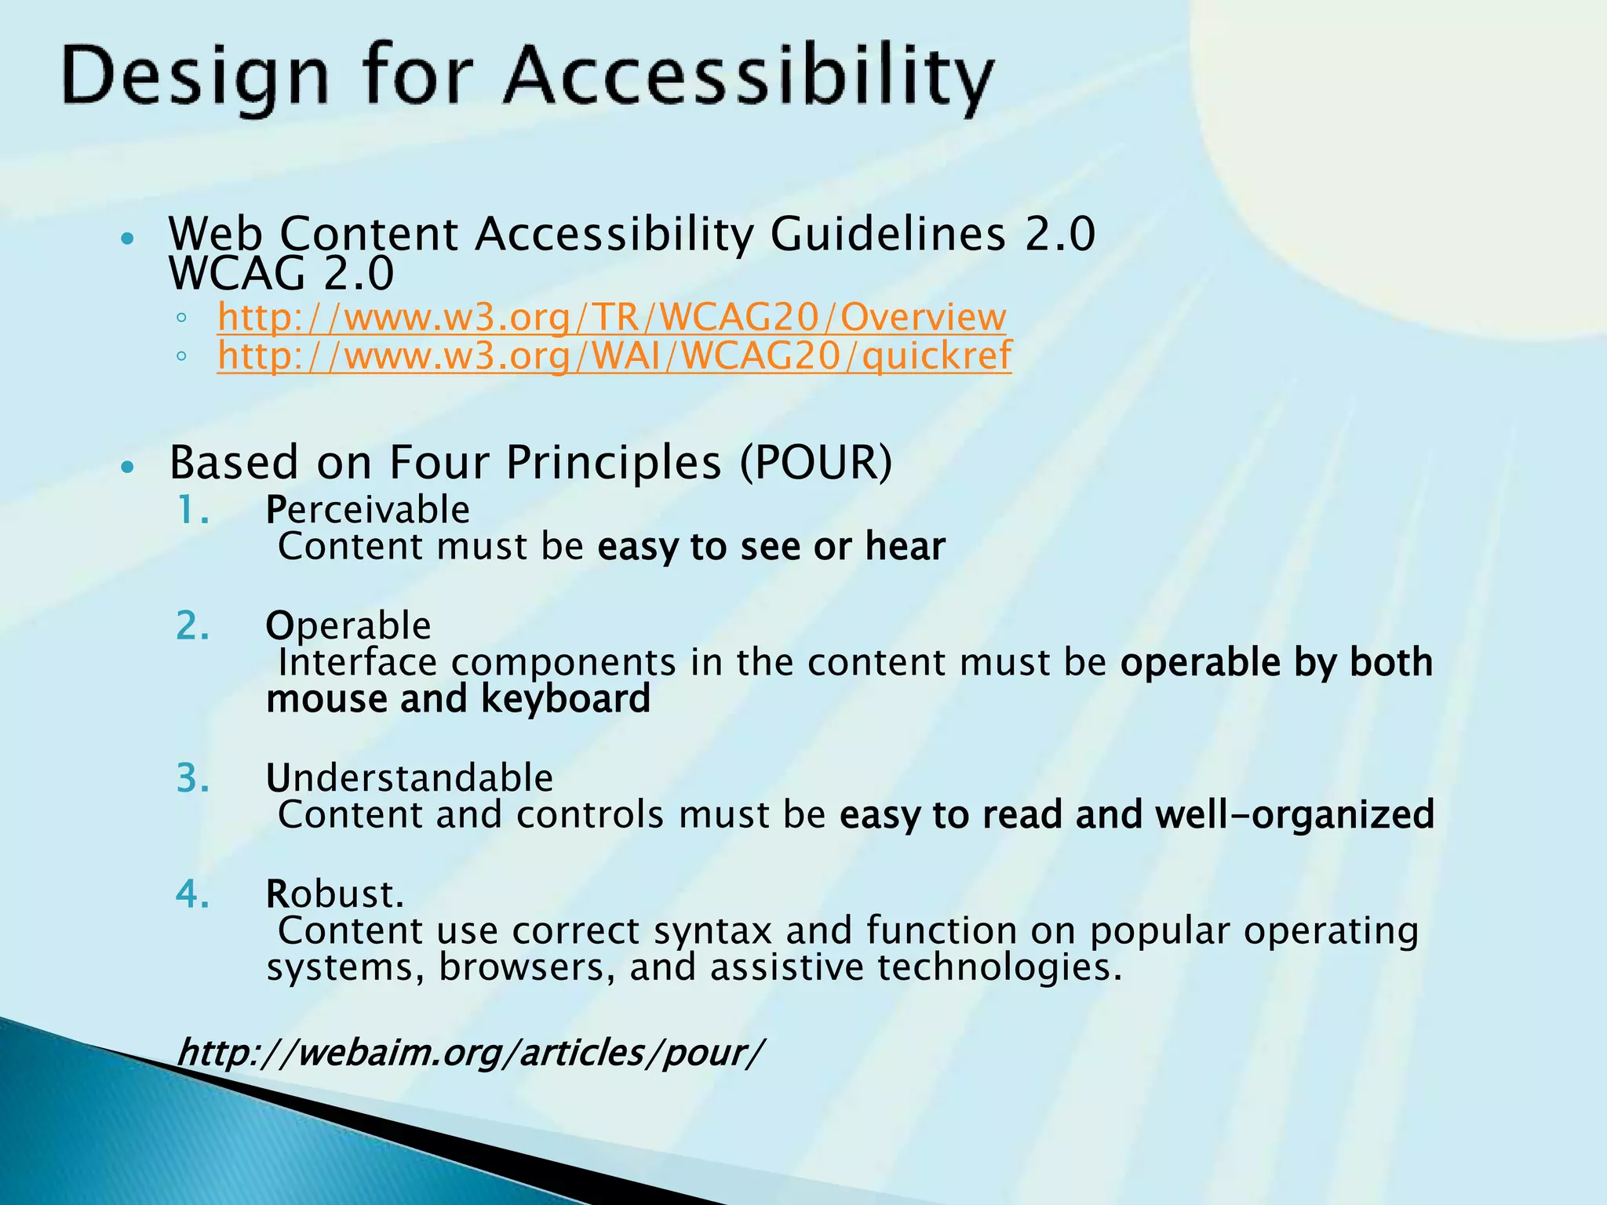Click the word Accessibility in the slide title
click(x=749, y=78)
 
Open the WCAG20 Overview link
click(x=611, y=317)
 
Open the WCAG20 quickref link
click(x=614, y=355)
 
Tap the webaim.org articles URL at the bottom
click(x=469, y=1052)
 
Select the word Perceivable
click(x=368, y=510)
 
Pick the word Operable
click(x=348, y=626)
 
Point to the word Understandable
click(x=410, y=778)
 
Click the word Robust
click(x=335, y=894)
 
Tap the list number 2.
click(x=192, y=626)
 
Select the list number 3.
click(x=192, y=778)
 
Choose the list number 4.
click(x=192, y=894)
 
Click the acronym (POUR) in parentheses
click(x=816, y=462)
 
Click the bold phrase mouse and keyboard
click(x=458, y=698)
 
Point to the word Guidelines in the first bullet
click(x=887, y=234)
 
